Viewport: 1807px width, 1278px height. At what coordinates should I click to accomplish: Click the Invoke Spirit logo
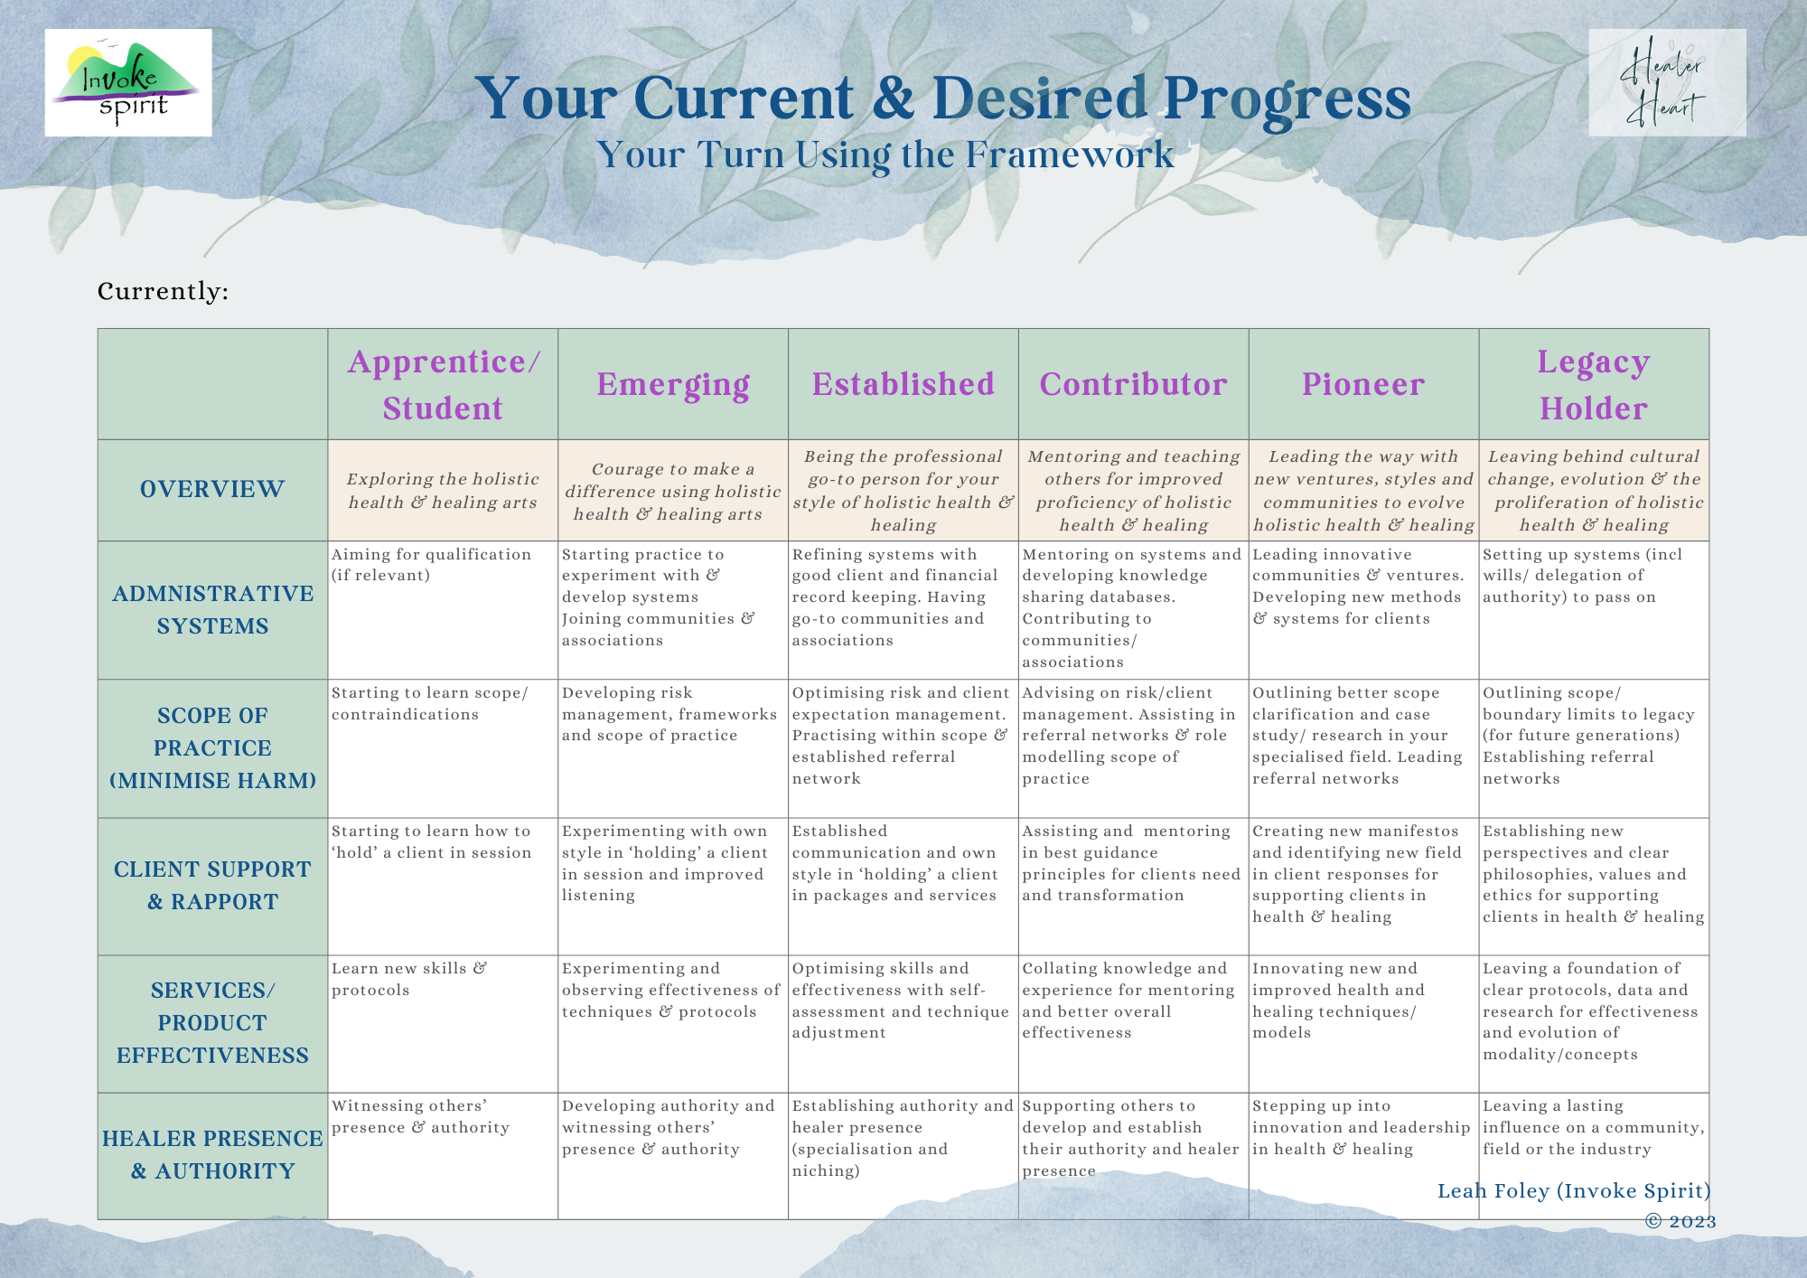tap(128, 82)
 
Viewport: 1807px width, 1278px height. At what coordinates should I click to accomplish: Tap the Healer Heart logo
tap(1667, 82)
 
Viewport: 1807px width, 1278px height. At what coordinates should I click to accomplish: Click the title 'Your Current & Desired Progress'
tap(942, 99)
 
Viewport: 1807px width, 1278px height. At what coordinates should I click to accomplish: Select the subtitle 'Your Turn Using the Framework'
tap(885, 155)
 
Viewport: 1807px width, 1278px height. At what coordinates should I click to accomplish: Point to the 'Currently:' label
tap(164, 291)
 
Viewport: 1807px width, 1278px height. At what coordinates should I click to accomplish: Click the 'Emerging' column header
tap(673, 384)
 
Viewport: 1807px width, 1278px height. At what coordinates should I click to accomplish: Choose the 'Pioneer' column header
tap(1363, 384)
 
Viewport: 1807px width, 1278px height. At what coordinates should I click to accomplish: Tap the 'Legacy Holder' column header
tap(1594, 384)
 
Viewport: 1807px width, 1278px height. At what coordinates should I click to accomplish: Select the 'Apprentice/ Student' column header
tap(443, 384)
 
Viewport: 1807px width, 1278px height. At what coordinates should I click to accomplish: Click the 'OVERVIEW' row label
tap(212, 489)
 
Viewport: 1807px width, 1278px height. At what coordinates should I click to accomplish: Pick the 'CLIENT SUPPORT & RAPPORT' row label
tap(212, 886)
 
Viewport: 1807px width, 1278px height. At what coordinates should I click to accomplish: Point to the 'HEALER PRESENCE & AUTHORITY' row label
tap(212, 1155)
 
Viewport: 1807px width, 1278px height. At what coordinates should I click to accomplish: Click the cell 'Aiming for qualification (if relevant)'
tap(432, 565)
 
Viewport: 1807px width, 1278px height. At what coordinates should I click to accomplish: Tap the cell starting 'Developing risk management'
tap(669, 714)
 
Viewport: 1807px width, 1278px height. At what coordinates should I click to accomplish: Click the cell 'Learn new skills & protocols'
tap(409, 979)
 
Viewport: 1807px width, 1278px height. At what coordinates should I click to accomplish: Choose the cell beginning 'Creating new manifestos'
tap(1357, 874)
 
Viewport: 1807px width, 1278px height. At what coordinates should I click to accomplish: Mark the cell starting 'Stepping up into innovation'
tap(1362, 1127)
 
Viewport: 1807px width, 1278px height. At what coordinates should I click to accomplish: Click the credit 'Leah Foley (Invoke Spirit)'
tap(1574, 1191)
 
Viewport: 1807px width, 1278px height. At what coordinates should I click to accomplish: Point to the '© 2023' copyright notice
tap(1681, 1222)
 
